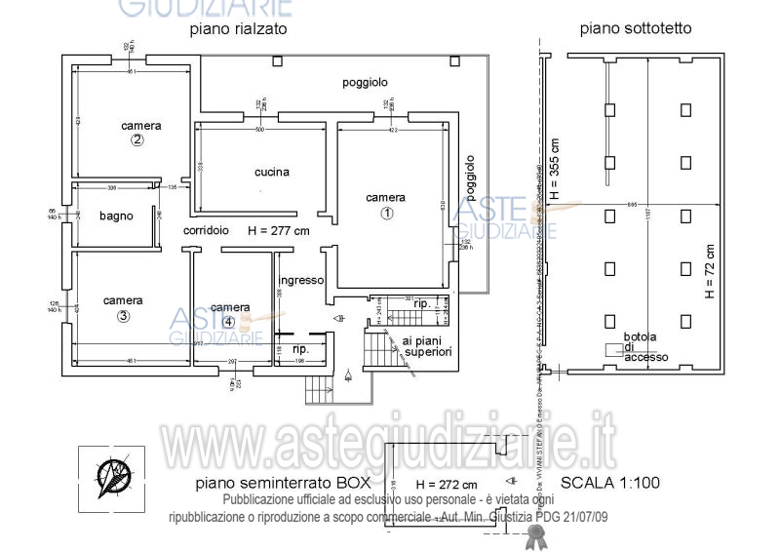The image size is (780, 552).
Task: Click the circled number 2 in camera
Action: [x=137, y=140]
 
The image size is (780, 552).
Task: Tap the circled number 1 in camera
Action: [x=386, y=213]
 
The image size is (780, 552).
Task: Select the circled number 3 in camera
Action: [x=123, y=316]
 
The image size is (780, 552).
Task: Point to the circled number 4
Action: [x=228, y=321]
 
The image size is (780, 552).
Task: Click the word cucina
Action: [x=272, y=173]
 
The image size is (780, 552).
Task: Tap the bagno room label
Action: [x=115, y=217]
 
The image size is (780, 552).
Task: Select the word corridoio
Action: [x=206, y=231]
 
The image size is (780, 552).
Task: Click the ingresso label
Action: [x=304, y=280]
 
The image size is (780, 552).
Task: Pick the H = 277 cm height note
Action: [x=279, y=231]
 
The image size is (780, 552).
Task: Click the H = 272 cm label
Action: [x=446, y=484]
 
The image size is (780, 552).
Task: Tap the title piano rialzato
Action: [x=238, y=29]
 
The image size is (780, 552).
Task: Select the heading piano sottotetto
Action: [x=636, y=29]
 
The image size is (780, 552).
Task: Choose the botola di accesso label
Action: [x=645, y=347]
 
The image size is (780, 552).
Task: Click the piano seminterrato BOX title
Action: [x=284, y=483]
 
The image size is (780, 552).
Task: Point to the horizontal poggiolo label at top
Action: [x=365, y=83]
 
